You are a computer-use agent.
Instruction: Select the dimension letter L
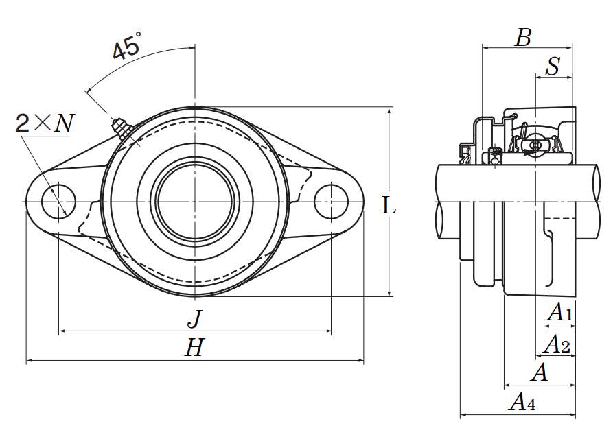coord(389,204)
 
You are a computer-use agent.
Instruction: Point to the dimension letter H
coord(194,348)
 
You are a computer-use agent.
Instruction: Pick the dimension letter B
coord(523,38)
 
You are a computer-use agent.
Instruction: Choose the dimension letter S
coord(553,67)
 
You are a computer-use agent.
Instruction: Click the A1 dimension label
coord(559,313)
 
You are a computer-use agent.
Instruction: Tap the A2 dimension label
coord(557,345)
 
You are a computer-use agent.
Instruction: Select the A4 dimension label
coord(522,403)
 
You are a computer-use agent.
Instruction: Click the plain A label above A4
coord(540,373)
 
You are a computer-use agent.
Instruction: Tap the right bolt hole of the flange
coord(331,201)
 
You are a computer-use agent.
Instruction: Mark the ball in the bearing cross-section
coord(536,145)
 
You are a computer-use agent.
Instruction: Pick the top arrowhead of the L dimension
coord(390,110)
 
